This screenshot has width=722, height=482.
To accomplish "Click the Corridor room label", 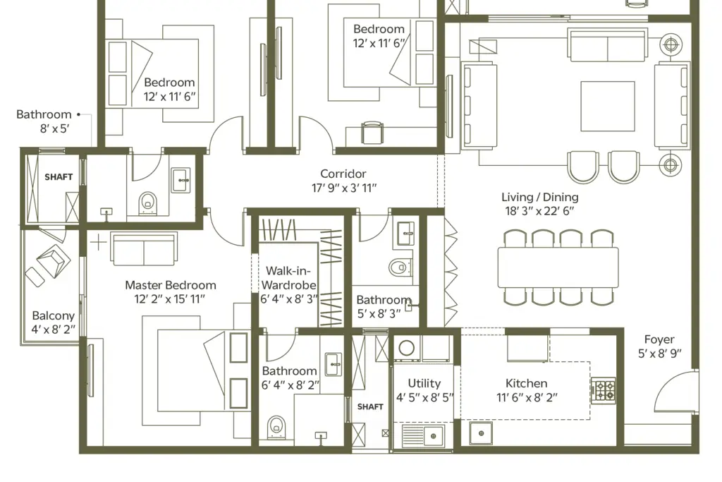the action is click(x=343, y=174).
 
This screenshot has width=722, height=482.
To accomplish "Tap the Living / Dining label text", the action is click(x=539, y=197).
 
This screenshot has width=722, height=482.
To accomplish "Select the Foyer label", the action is click(x=659, y=339).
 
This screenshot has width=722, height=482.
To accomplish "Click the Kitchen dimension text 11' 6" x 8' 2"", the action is click(x=527, y=398).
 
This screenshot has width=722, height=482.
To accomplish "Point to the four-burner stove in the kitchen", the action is click(x=604, y=391).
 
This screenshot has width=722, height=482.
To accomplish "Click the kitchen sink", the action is click(x=481, y=433).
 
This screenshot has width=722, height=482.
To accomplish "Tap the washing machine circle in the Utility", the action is click(x=406, y=348).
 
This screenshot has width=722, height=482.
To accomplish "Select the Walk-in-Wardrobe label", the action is click(x=288, y=278).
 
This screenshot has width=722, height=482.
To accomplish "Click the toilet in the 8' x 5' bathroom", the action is click(x=147, y=203).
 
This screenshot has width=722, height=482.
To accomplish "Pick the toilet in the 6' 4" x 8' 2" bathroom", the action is click(x=276, y=427).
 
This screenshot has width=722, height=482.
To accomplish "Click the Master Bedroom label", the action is click(x=171, y=285).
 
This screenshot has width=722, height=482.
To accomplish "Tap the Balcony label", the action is click(x=54, y=315).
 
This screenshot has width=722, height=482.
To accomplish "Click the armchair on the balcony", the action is click(x=54, y=261).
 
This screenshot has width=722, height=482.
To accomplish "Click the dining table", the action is click(x=558, y=267).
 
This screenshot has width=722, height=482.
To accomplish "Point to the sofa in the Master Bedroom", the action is click(x=144, y=249).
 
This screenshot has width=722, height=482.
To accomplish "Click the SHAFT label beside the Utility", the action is click(x=370, y=407).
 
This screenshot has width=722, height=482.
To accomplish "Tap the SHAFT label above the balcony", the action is click(x=59, y=177).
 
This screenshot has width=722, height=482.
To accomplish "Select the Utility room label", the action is click(x=424, y=383).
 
